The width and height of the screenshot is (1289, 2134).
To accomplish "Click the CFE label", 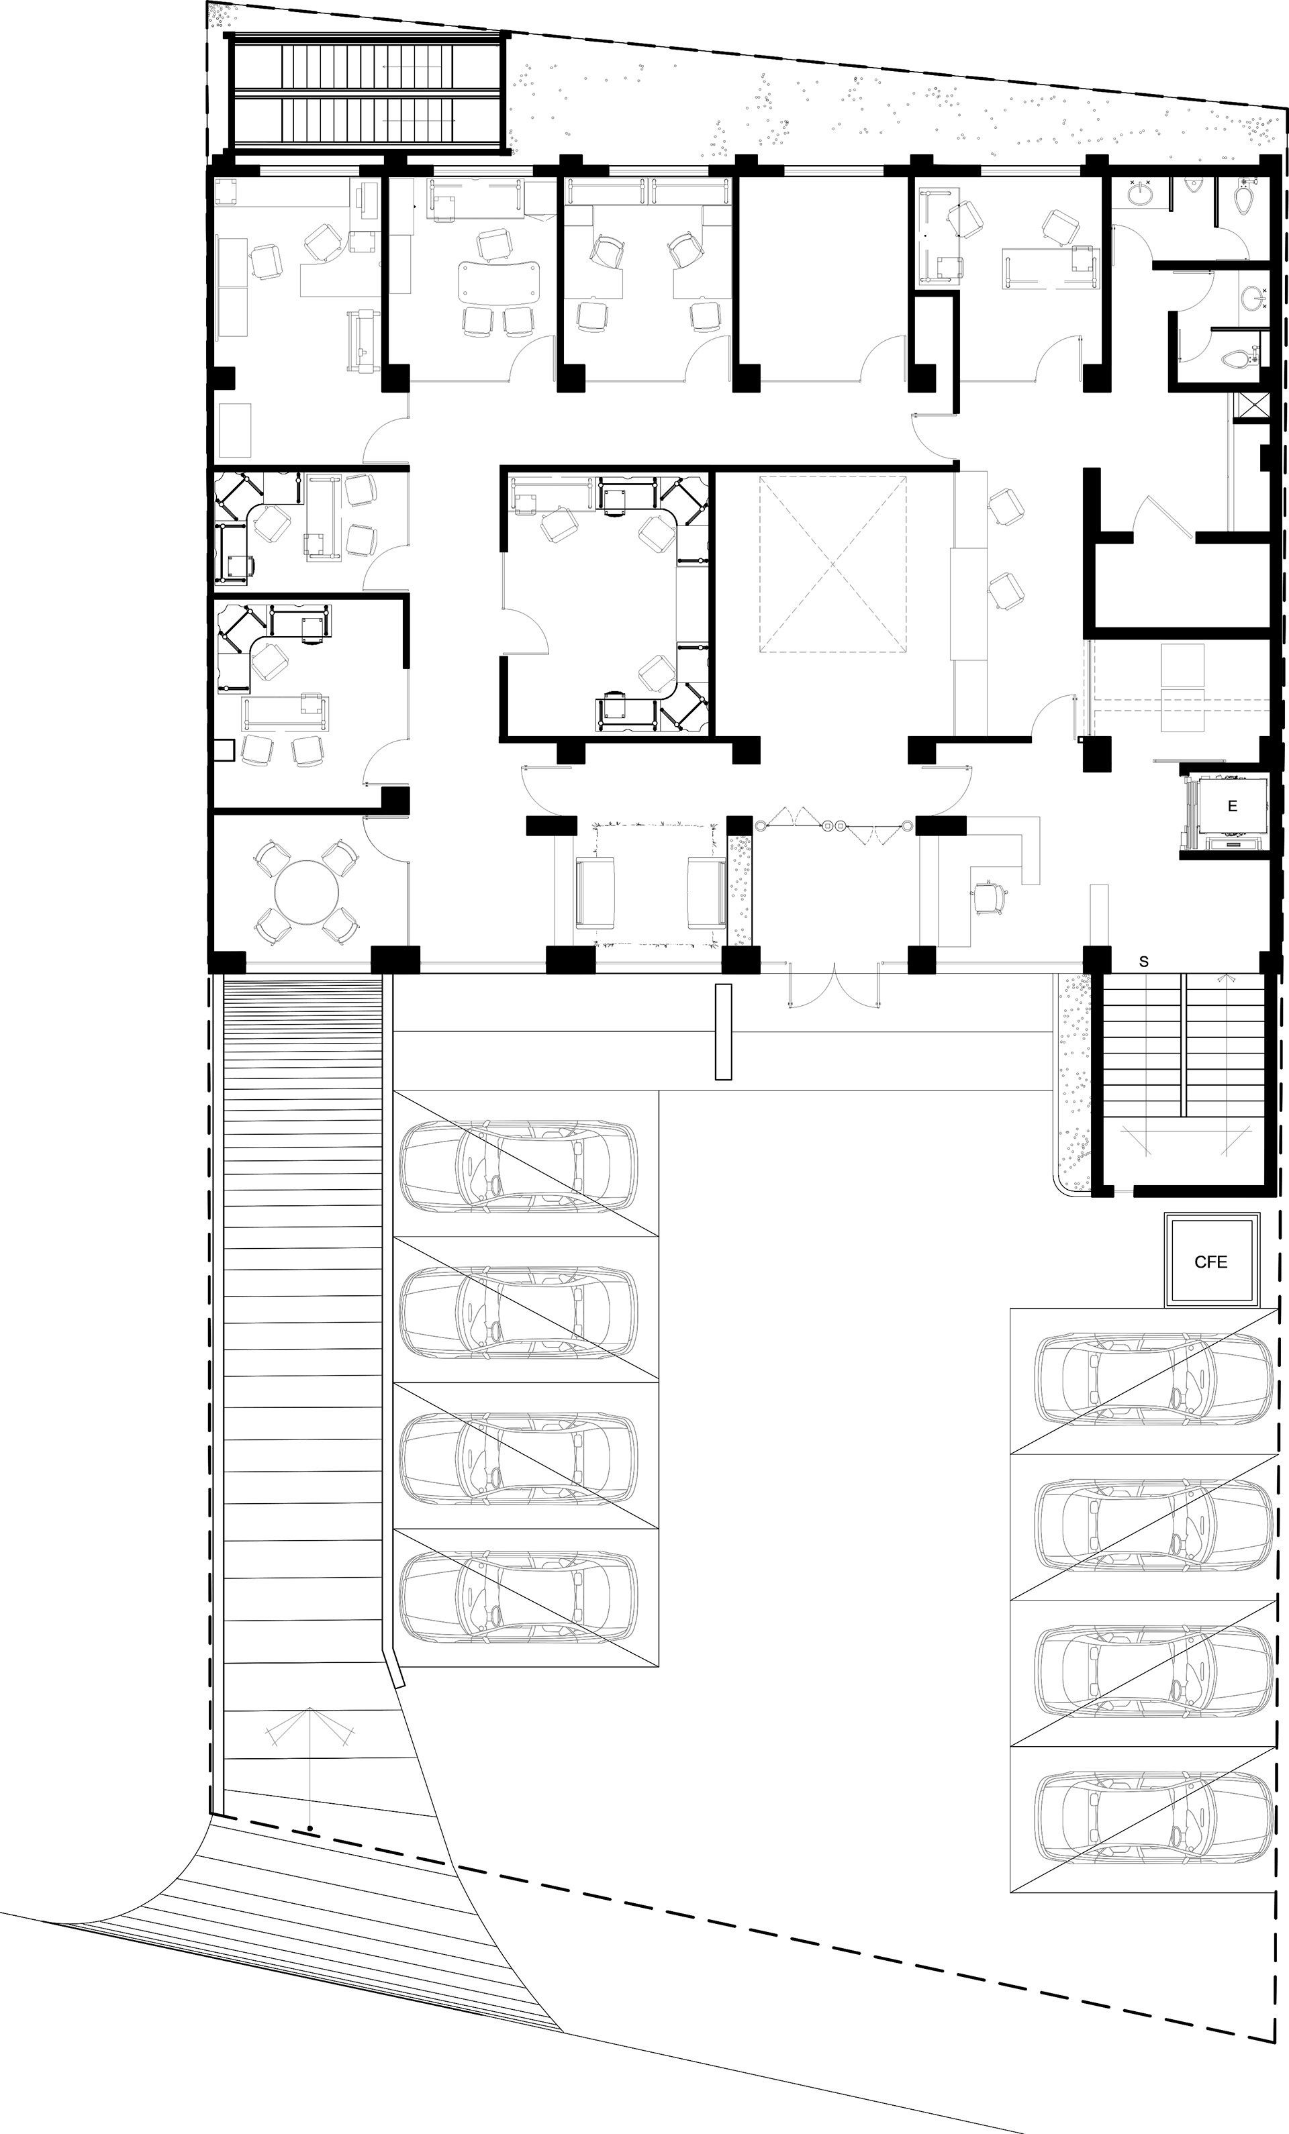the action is (1210, 1262).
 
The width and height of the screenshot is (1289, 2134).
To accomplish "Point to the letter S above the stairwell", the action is (1143, 962).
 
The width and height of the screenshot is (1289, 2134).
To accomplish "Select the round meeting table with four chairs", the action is (305, 891).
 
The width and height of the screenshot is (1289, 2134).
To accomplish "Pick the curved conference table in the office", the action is (499, 281).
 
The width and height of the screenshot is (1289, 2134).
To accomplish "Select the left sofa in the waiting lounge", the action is (596, 893).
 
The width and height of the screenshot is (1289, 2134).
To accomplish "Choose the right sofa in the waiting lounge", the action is (707, 893).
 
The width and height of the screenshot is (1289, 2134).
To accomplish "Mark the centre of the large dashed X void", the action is (832, 564).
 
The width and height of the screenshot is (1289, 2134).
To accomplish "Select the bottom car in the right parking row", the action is (1155, 1819).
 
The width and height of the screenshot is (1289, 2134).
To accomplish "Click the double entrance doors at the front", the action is (834, 984).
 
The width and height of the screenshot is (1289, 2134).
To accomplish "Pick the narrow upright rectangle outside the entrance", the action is (723, 1031).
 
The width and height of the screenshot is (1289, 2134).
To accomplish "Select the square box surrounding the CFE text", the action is (1211, 1261).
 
